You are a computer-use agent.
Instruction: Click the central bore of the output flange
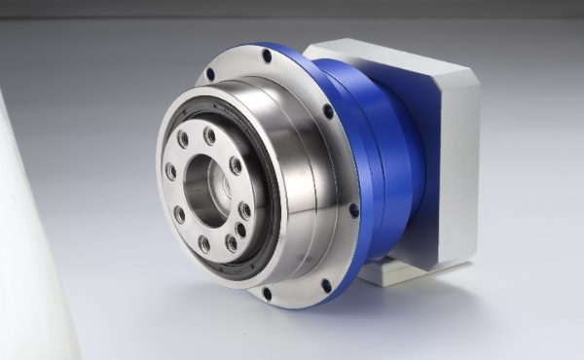[207, 185]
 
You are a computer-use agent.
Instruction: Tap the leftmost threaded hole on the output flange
[171, 172]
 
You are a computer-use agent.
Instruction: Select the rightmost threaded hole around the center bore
[244, 208]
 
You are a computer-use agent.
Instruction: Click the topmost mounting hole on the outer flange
[267, 56]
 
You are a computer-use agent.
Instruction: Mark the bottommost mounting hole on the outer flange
[267, 293]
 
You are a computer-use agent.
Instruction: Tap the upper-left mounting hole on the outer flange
[210, 74]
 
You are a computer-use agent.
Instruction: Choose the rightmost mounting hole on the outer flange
[353, 209]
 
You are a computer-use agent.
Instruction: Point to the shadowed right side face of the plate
[457, 175]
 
